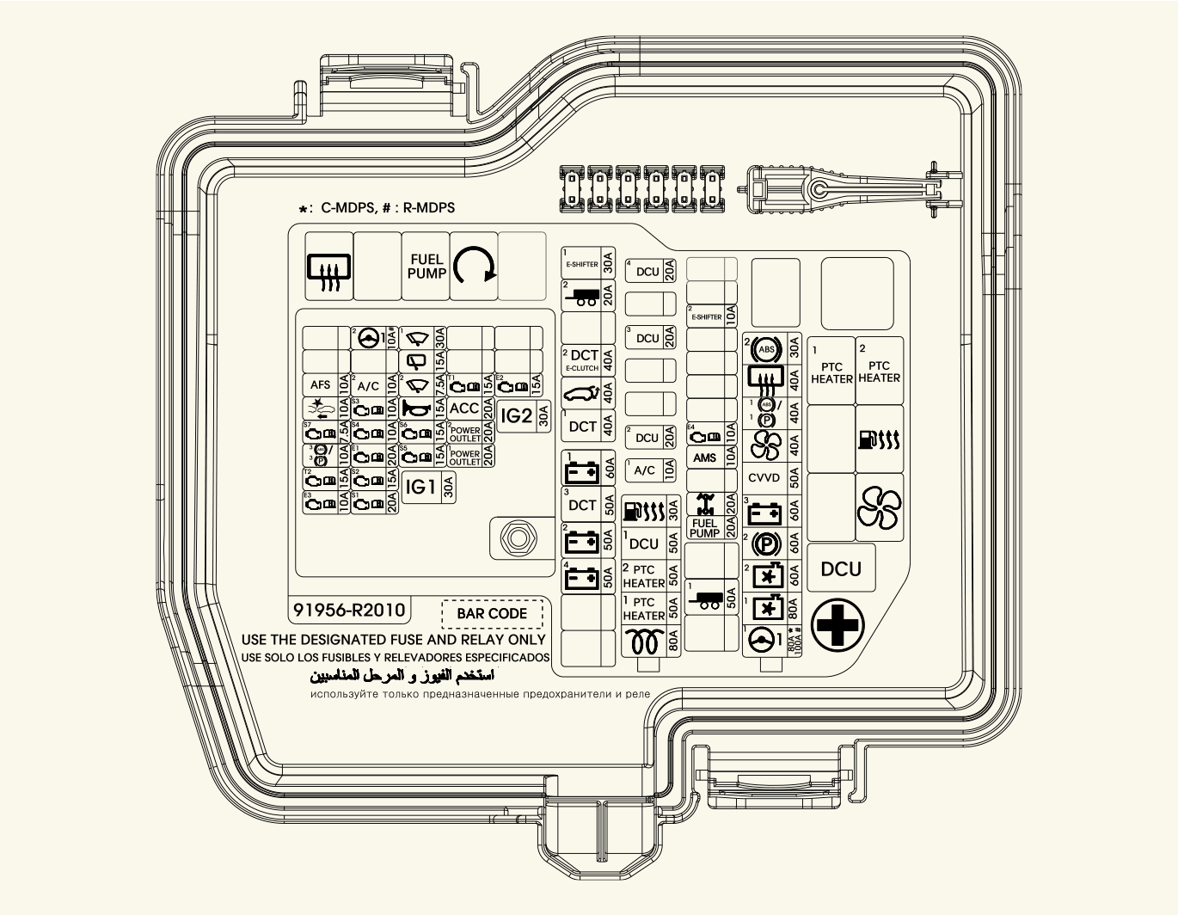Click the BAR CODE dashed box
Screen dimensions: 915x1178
492,613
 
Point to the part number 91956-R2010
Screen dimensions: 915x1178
348,610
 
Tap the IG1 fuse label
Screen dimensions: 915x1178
420,487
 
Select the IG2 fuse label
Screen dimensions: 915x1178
516,416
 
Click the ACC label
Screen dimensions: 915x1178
464,408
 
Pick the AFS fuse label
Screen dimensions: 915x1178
320,385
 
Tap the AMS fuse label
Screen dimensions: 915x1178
704,457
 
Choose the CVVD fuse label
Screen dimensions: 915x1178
764,478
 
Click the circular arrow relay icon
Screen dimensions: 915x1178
474,265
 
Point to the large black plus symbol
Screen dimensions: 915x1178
837,625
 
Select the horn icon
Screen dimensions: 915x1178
416,409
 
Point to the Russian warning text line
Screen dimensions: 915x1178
480,693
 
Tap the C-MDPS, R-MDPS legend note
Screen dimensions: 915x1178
377,208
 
